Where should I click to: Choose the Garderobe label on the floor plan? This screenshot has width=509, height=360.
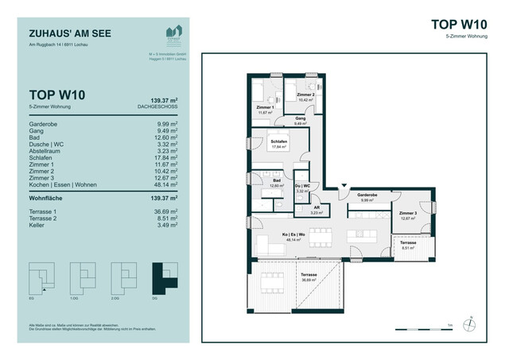(x=367, y=196)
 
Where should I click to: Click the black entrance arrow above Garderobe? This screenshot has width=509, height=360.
(x=343, y=184)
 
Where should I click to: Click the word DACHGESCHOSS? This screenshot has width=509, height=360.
(x=159, y=106)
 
